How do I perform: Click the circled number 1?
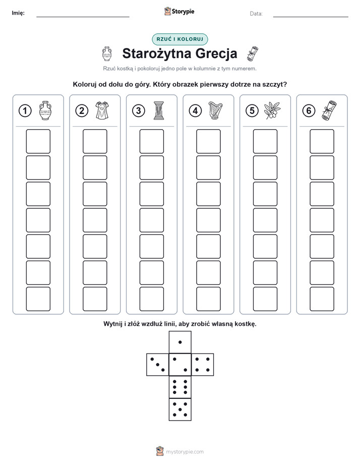click(25, 111)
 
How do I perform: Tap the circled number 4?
click(195, 111)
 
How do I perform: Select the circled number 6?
click(309, 111)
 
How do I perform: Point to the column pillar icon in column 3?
click(159, 110)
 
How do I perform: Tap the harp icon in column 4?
click(215, 110)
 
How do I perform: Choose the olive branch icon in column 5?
click(272, 110)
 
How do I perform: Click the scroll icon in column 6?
click(329, 110)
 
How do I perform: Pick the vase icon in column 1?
click(45, 110)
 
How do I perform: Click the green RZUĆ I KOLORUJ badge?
click(180, 39)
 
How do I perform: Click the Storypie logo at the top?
click(179, 12)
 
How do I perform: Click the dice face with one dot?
click(180, 342)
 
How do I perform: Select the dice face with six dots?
click(180, 387)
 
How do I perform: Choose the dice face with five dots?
click(180, 409)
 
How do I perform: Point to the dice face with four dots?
click(203, 365)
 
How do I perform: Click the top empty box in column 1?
click(38, 141)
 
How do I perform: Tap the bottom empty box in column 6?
click(322, 299)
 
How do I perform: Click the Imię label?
click(18, 13)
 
